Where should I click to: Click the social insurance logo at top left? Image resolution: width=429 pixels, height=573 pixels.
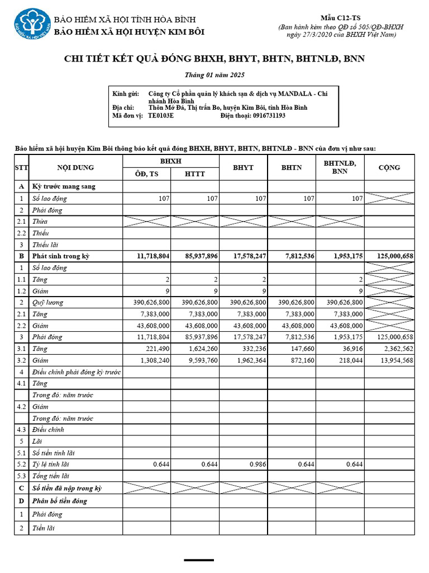(x=32, y=26)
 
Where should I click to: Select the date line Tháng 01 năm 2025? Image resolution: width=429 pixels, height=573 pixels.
(x=214, y=75)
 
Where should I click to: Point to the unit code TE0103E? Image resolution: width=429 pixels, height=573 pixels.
(x=161, y=116)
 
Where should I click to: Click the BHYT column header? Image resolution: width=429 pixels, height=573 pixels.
(x=243, y=167)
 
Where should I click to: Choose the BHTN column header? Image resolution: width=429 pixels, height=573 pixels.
(x=291, y=167)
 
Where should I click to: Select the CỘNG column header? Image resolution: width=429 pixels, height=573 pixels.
(x=389, y=167)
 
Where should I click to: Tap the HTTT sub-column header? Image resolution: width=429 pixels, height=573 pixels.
(x=195, y=174)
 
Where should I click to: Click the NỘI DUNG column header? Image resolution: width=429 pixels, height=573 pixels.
(x=75, y=167)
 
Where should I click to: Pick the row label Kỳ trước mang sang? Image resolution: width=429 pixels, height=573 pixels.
(x=64, y=186)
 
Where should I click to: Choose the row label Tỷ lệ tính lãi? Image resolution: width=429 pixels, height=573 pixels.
(x=51, y=464)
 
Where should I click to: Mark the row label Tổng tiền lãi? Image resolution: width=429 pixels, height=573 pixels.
(x=51, y=476)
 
